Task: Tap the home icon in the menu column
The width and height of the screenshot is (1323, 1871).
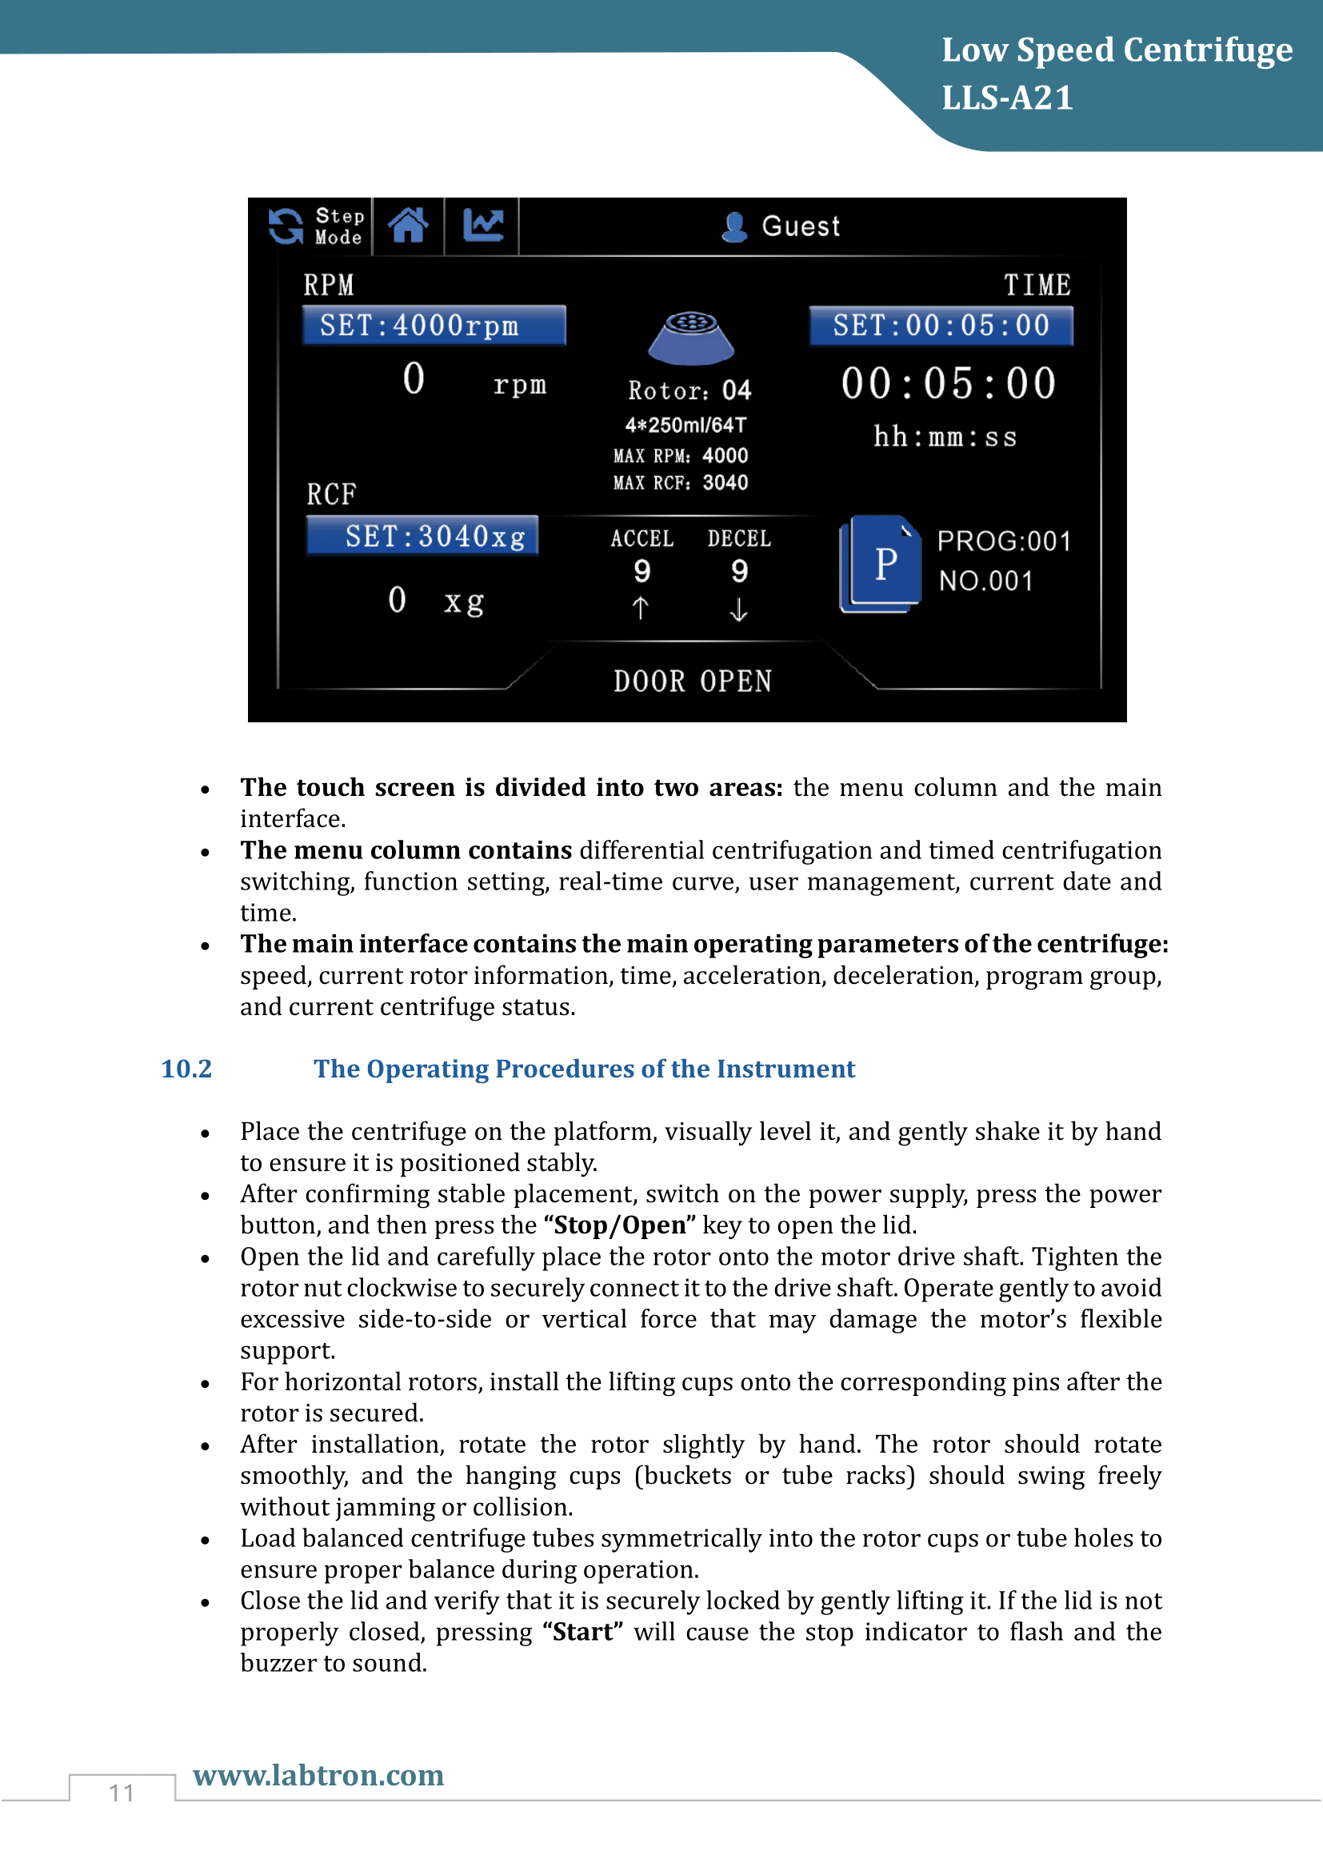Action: coord(408,226)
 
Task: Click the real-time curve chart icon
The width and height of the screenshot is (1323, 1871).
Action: coord(482,226)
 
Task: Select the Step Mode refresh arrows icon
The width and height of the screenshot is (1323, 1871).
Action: coord(286,226)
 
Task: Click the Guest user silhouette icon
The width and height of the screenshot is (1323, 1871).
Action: coord(734,227)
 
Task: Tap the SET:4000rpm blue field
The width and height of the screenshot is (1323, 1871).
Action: coord(434,326)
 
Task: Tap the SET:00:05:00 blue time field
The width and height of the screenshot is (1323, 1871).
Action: coord(941,326)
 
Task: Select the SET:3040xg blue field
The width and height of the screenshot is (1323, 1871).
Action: coord(423,536)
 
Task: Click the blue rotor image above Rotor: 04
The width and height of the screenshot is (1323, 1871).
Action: coord(691,336)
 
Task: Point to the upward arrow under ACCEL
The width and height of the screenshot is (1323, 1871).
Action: coord(641,608)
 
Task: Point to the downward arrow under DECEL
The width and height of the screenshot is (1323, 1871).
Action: coord(738,610)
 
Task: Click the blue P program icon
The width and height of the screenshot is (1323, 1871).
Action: coord(881,563)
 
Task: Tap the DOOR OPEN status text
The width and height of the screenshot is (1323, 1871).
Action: coord(692,682)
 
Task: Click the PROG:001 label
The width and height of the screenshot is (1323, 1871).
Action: coord(1004,541)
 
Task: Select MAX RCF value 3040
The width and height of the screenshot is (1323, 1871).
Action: coord(725,482)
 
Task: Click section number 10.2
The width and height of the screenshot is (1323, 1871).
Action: coord(186,1069)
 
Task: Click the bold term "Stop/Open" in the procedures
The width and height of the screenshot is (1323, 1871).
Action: coord(619,1225)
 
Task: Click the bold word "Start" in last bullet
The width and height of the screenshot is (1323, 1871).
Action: coord(582,1631)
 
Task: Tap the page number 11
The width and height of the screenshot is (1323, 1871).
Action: coord(122,1793)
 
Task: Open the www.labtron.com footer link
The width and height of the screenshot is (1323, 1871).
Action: coord(318,1775)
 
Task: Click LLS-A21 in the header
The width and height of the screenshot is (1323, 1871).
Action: coord(1007,98)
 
